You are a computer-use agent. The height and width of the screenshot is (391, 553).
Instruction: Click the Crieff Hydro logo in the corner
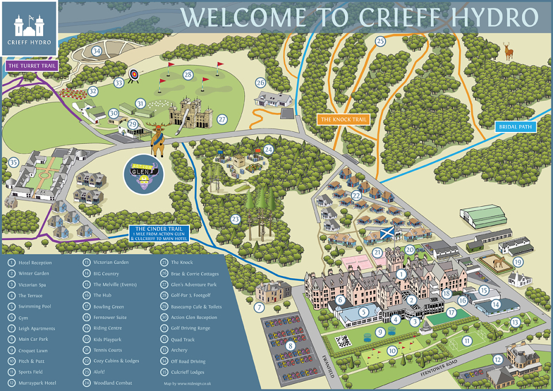(29, 28)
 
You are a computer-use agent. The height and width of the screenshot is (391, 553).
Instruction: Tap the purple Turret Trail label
(32, 66)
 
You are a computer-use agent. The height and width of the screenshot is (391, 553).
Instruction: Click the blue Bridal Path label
(515, 127)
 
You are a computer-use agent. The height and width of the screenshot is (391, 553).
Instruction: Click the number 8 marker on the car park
(291, 346)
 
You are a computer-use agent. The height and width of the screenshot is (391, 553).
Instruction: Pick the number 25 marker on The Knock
(380, 41)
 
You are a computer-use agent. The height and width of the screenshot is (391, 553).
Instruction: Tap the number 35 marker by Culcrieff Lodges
(14, 162)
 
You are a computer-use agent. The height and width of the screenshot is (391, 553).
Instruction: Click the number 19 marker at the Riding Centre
(518, 262)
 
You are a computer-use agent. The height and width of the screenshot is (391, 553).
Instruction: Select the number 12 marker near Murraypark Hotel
(497, 359)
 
